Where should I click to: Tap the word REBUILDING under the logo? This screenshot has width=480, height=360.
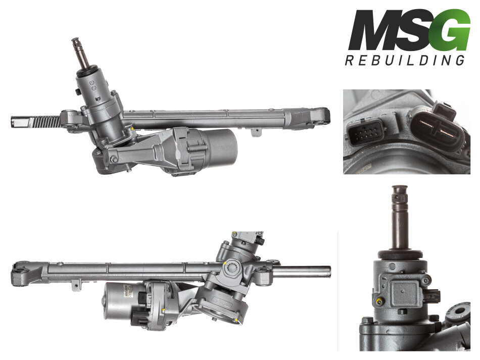405,60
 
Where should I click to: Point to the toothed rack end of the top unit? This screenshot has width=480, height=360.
35,122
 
